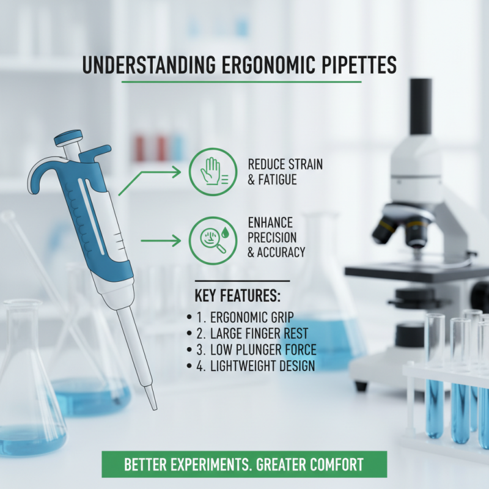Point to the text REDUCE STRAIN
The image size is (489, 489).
point(285,164)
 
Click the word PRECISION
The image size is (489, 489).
point(273,237)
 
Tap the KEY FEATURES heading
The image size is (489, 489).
point(237,296)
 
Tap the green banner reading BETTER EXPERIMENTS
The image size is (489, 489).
point(244,464)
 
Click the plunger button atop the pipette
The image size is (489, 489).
point(68,138)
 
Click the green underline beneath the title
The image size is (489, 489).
point(241,82)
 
